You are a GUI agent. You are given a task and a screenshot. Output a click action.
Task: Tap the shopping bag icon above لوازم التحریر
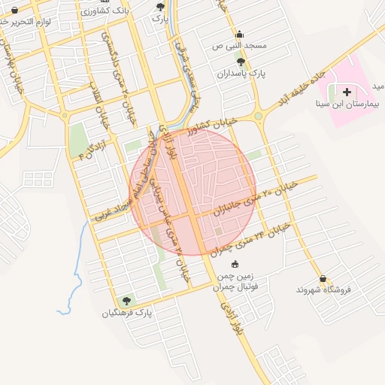tap(15, 10)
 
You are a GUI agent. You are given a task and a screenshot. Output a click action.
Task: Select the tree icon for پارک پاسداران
tap(241, 62)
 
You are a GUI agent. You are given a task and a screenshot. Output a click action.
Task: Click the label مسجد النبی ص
tap(240, 46)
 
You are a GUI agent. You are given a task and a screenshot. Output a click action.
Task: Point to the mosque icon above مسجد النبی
tap(240, 34)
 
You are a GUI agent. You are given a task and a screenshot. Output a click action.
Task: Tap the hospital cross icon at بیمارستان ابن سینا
tap(346, 92)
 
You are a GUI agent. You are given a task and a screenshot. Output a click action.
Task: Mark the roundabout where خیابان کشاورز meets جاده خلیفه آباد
tap(258, 116)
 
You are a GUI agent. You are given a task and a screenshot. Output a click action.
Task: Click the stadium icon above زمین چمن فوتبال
tap(235, 264)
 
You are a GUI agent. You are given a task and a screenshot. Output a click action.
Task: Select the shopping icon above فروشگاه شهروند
tap(323, 277)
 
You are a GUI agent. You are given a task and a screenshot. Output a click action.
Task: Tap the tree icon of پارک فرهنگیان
tap(126, 300)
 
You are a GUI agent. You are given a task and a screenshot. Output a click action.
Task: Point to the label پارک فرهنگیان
tap(128, 312)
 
